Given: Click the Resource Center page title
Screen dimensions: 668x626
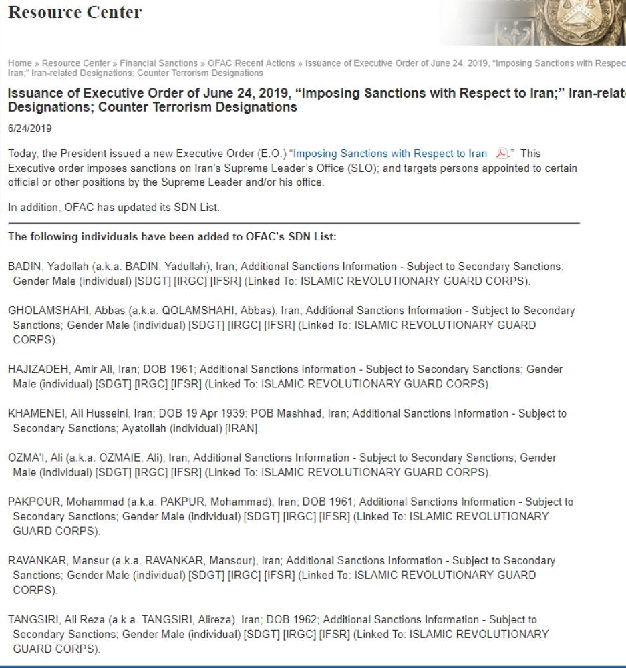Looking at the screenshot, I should coord(75,13).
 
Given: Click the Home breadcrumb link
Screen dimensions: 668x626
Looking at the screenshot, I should coord(19,63).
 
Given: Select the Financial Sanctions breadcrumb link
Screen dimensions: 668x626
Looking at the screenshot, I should coord(158,63).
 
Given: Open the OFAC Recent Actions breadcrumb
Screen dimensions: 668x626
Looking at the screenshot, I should coord(251,63).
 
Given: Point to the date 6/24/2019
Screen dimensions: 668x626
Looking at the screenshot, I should coord(29,128).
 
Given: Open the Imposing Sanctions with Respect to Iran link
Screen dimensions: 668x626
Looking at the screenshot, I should coord(391,154).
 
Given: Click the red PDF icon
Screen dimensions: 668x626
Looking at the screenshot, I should coord(502,154).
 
